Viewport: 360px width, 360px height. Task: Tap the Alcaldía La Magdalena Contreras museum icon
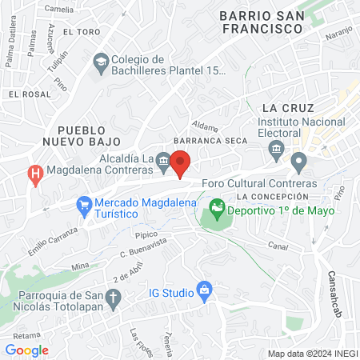tap(162, 160)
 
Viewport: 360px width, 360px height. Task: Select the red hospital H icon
tap(35, 172)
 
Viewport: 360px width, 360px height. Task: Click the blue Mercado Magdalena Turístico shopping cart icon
tap(85, 205)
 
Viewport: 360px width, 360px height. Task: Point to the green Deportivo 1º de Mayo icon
tap(215, 211)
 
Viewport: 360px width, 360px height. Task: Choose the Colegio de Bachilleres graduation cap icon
tap(102, 61)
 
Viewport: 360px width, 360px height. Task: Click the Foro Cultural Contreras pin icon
tap(299, 164)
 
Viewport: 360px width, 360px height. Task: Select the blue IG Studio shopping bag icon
tap(204, 288)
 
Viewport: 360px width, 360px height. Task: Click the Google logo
tap(27, 350)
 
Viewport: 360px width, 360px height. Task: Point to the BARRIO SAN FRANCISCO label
tap(262, 22)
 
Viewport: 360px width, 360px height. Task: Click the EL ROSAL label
tap(25, 94)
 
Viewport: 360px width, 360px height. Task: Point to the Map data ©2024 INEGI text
tap(312, 354)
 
